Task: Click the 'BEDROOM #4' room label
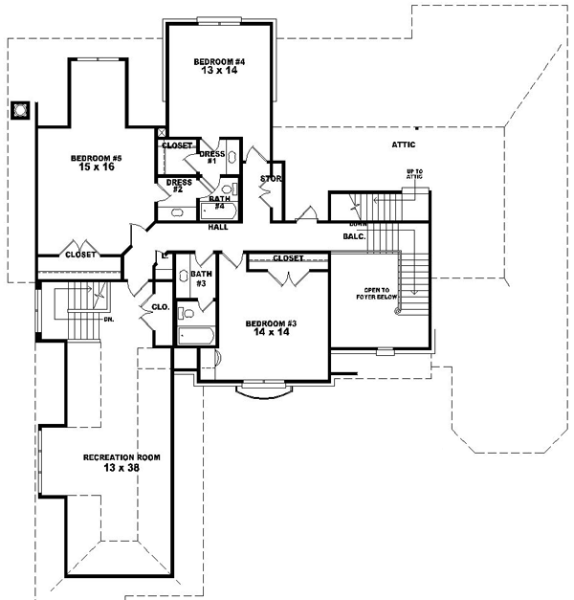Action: pyautogui.click(x=220, y=62)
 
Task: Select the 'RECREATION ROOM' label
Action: pyautogui.click(x=121, y=457)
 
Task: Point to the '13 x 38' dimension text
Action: pyautogui.click(x=121, y=469)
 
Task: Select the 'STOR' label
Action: pyautogui.click(x=270, y=178)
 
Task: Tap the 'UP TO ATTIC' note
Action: pyautogui.click(x=414, y=173)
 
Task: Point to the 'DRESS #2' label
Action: pyautogui.click(x=179, y=185)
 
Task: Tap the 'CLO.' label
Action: pyautogui.click(x=160, y=308)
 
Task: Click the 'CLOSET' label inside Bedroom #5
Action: pyautogui.click(x=79, y=255)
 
